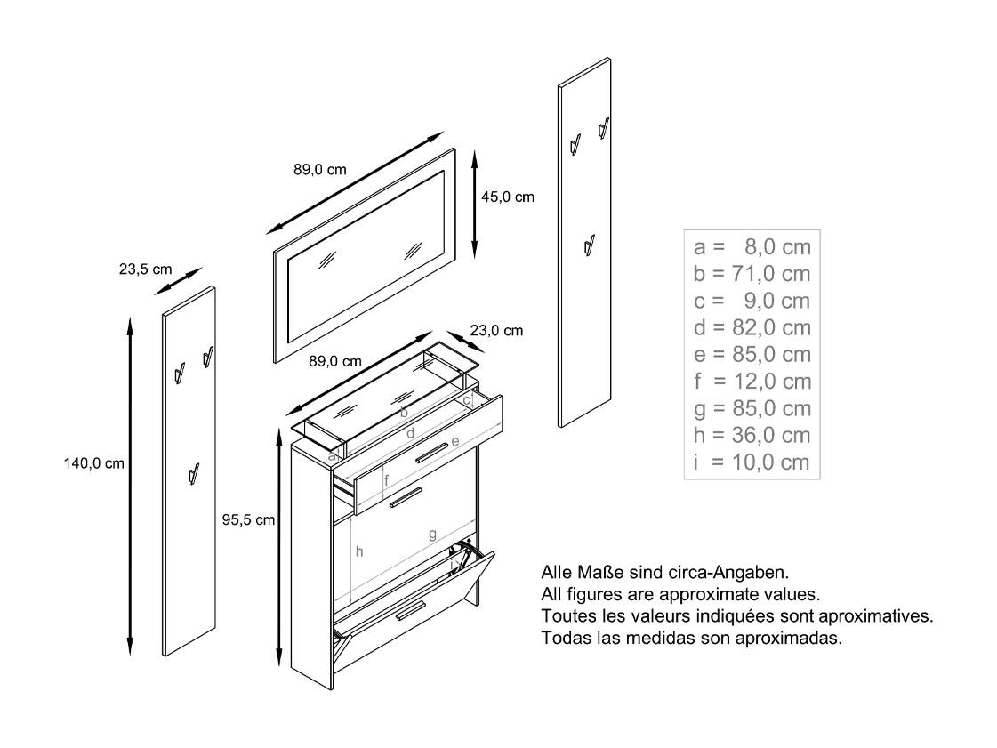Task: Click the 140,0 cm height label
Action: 94,463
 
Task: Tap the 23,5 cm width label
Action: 146,269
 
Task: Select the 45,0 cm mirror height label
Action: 508,197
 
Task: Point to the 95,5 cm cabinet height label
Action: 249,519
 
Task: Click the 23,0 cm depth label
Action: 496,331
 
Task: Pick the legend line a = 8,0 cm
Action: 752,246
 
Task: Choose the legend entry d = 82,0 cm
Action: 752,327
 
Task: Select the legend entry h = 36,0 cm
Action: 752,435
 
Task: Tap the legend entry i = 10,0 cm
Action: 752,462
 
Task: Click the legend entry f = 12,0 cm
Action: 752,382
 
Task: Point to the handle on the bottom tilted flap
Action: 411,609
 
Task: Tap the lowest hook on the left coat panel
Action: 195,474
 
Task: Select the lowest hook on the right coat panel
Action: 590,245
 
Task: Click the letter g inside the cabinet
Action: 433,535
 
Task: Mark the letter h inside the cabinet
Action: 359,551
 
